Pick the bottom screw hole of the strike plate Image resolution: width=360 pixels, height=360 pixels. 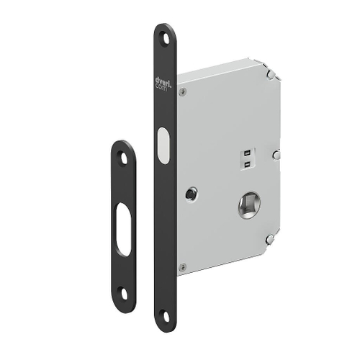(123, 292)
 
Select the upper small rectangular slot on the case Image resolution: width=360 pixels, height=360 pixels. (246, 153)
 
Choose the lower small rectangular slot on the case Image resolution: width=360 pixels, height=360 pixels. (246, 164)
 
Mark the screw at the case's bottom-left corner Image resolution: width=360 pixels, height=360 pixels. (183, 267)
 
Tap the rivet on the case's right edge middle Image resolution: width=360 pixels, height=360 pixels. (276, 154)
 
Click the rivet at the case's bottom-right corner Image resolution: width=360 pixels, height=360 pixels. (269, 239)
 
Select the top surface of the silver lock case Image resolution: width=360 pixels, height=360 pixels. (223, 66)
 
